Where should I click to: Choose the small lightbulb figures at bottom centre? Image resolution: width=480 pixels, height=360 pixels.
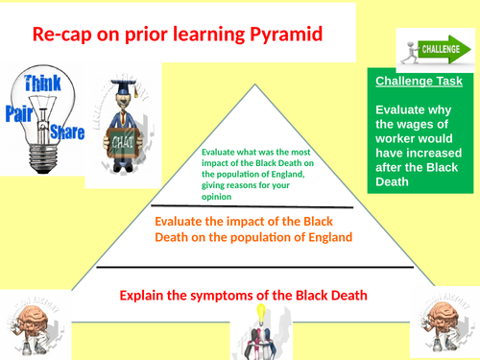click(258, 331)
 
